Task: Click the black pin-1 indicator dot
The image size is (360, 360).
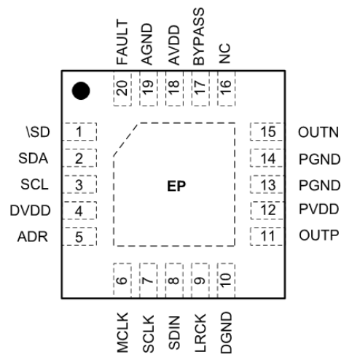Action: coord(82,90)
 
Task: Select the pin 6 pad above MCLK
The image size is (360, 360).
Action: coord(122,278)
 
